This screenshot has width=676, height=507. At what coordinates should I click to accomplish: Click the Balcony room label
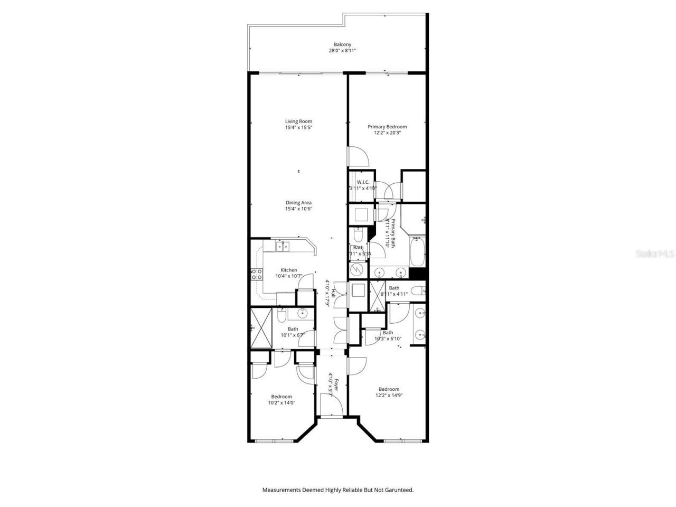click(x=342, y=44)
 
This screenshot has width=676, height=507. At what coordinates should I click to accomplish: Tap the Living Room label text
click(x=298, y=121)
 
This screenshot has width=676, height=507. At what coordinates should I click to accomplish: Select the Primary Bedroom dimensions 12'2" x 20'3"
click(x=387, y=133)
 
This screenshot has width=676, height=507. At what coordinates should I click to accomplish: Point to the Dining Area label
click(x=298, y=203)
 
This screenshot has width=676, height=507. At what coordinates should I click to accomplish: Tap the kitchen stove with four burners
click(x=257, y=274)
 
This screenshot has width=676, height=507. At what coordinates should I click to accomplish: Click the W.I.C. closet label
click(x=362, y=182)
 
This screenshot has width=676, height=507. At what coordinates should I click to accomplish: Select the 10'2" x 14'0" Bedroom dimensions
click(x=281, y=403)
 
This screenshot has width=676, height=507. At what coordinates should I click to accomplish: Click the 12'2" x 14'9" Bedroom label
click(x=389, y=389)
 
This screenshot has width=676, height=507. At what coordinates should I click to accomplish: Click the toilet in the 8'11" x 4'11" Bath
click(x=418, y=290)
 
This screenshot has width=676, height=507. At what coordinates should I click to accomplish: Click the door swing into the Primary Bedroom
click(x=357, y=156)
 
